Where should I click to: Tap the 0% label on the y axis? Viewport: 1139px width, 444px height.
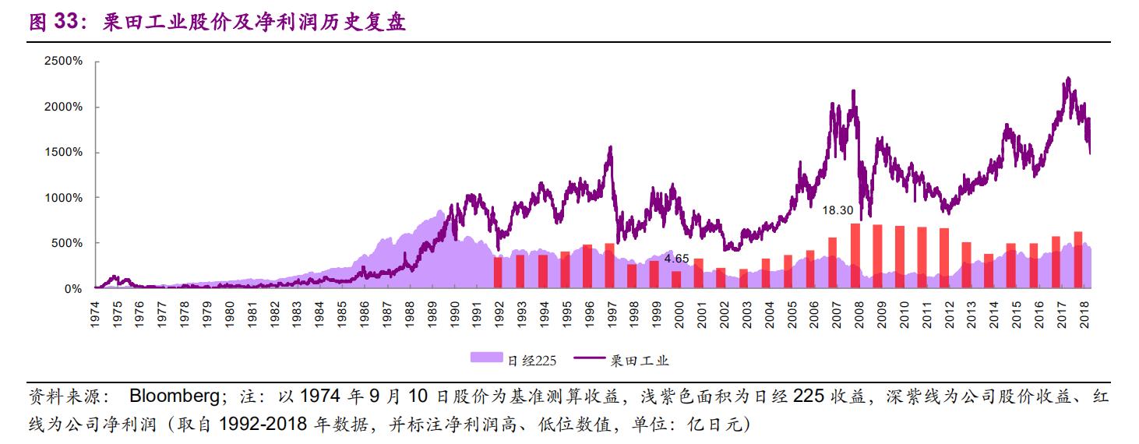pos(73,289)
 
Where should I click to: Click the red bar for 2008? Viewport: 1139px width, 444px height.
pos(855,255)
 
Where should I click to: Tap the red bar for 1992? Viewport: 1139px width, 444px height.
pos(497,273)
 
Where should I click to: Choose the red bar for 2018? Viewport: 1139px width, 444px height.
pos(1078,259)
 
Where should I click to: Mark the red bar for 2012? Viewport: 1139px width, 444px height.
pos(944,258)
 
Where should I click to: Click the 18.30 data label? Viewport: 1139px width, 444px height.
pos(838,210)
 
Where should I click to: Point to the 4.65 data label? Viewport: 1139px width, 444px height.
pos(676,258)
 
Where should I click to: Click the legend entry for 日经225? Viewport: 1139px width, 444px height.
pos(514,360)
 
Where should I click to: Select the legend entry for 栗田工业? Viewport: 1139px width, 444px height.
pos(623,360)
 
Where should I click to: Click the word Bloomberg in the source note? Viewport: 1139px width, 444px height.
pos(174,396)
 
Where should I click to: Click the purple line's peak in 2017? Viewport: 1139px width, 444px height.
pos(1067,78)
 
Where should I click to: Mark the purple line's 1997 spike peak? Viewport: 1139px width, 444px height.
pos(610,146)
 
